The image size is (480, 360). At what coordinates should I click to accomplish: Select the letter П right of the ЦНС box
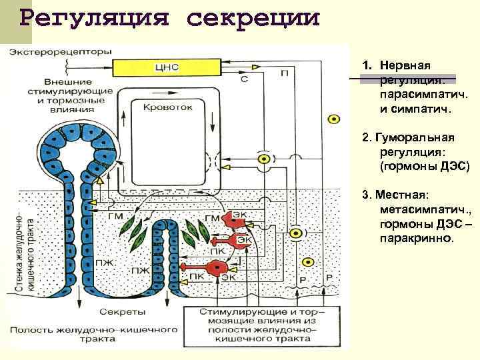click(286, 73)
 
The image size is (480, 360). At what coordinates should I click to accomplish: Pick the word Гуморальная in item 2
click(415, 137)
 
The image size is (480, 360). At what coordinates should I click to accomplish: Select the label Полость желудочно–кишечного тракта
click(93, 335)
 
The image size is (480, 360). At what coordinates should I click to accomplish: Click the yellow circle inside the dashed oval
click(265, 159)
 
